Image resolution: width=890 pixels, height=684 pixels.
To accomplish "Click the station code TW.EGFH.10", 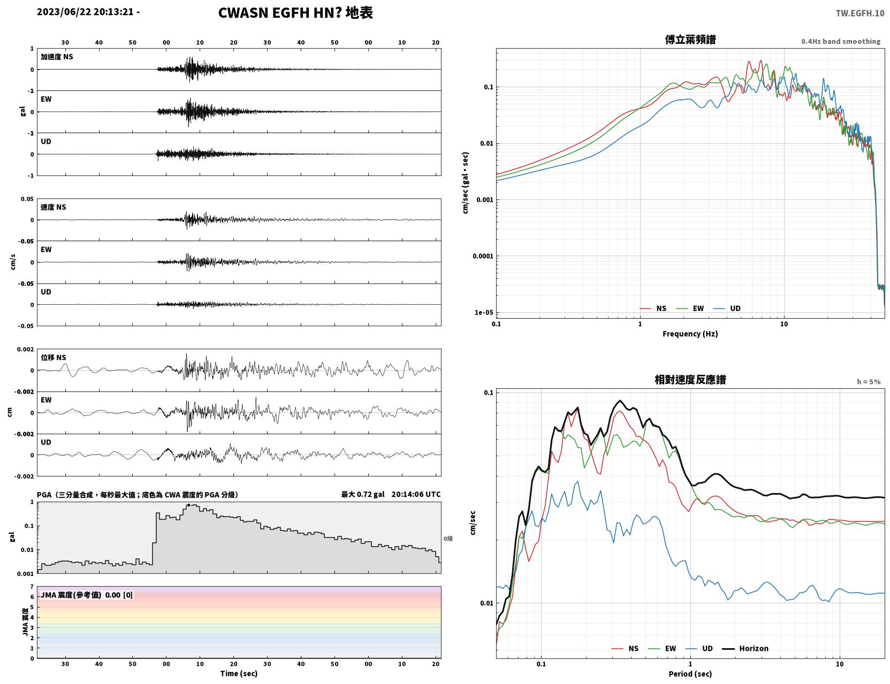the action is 859,13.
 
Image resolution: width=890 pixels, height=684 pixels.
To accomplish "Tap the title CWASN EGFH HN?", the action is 280,13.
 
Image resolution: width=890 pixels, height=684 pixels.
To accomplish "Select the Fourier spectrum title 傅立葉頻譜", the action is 690,40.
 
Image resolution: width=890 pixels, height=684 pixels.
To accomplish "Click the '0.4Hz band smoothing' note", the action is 840,41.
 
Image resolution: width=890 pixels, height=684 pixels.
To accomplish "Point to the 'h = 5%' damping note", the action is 868,382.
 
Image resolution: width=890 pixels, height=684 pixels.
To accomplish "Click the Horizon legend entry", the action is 745,648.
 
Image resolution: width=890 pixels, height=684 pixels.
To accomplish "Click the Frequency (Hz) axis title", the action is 690,334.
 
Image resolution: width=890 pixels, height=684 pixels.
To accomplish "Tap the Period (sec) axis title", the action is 690,674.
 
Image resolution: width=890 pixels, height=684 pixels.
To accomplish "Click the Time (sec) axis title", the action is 239,673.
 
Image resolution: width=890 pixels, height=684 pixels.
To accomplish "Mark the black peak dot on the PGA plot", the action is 188,505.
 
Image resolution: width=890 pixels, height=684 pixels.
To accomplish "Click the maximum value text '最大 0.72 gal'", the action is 363,494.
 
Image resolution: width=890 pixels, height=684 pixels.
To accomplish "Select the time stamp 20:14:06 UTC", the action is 416,494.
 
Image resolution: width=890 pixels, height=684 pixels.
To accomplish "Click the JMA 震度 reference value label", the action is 86,595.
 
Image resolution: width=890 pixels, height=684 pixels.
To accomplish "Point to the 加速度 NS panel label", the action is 57,57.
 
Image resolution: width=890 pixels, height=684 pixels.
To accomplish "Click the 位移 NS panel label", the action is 53,358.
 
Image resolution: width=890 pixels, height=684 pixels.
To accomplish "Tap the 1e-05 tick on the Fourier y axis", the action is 484,312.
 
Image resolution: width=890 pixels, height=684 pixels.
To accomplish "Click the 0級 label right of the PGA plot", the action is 448,539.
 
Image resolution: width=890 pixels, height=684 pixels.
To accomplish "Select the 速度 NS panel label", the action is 53,207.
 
